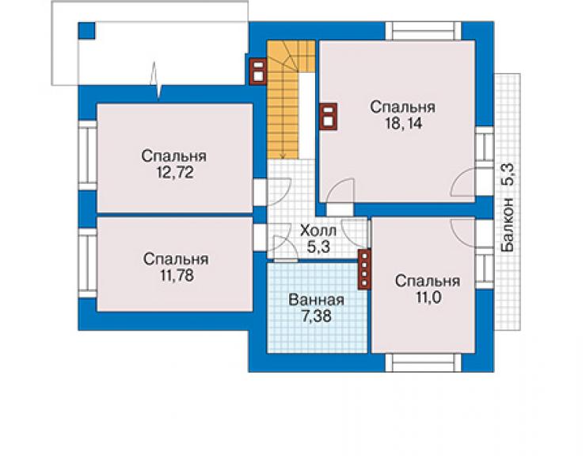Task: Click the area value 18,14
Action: (x=404, y=123)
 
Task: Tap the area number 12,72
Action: (x=175, y=173)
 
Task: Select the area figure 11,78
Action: (x=177, y=275)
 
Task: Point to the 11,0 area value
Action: (x=428, y=297)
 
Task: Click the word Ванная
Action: (x=316, y=300)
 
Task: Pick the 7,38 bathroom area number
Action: (x=317, y=316)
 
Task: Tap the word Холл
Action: (x=318, y=230)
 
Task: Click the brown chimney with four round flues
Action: (x=364, y=270)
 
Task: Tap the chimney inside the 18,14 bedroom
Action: (x=329, y=117)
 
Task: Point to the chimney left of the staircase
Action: (x=258, y=71)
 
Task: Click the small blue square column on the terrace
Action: (x=86, y=31)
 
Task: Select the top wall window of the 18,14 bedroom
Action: (x=423, y=31)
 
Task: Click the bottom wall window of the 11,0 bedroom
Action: (x=423, y=362)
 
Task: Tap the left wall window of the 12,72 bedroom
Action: (x=87, y=155)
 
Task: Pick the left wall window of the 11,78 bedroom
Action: (x=87, y=263)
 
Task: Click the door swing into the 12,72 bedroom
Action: (x=279, y=192)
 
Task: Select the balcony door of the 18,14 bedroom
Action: (x=463, y=182)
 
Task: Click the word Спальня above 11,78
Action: (x=176, y=259)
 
